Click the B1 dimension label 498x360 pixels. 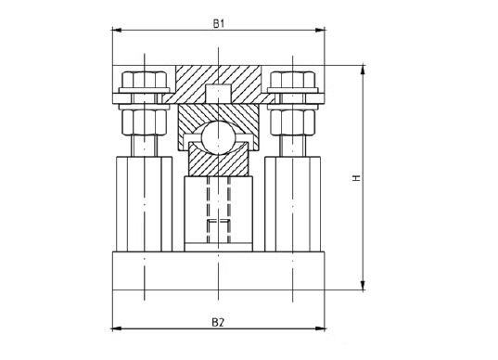coord(218,23)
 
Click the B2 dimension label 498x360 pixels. coord(217,322)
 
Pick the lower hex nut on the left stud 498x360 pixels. coord(142,121)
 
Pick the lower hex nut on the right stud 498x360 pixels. coord(291,121)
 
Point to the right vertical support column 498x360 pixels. coord(291,204)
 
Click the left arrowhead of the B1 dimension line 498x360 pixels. coord(115,30)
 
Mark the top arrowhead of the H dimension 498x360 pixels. coord(362,68)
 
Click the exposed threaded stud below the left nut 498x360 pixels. coord(142,147)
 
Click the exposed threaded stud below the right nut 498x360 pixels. coord(291,147)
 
